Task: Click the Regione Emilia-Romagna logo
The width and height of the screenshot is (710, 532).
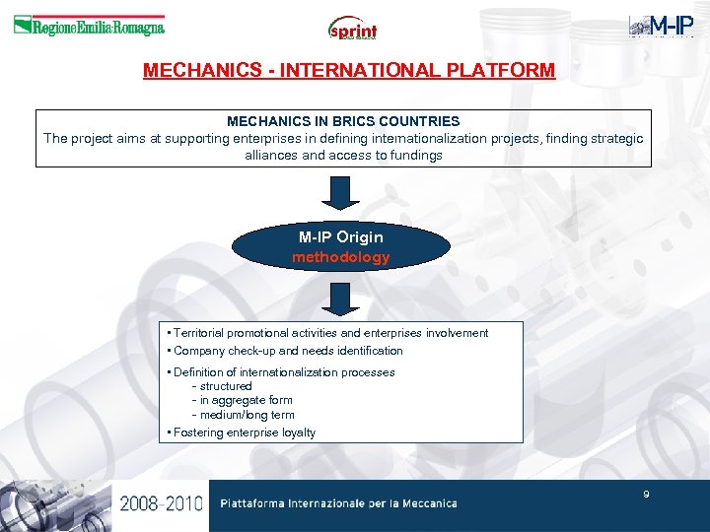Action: click(89, 27)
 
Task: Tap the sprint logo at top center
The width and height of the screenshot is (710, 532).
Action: click(353, 29)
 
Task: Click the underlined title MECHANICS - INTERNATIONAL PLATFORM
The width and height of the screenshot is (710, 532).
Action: click(349, 71)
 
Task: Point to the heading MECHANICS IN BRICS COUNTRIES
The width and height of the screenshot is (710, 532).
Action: click(343, 121)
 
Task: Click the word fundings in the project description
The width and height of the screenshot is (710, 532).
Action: click(415, 155)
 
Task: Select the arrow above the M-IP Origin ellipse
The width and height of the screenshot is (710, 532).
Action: click(341, 192)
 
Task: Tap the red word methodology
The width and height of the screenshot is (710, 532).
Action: click(341, 257)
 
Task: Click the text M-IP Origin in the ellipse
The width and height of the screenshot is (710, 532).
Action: click(341, 237)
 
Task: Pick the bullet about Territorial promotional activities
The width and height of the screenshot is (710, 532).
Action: click(329, 333)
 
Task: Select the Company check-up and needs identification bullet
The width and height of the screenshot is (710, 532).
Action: click(287, 351)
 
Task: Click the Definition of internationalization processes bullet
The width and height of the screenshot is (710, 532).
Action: click(283, 372)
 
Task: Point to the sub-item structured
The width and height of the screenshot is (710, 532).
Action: click(225, 386)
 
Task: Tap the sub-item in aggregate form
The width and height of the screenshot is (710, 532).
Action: click(245, 400)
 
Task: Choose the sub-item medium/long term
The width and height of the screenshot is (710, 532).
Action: click(246, 415)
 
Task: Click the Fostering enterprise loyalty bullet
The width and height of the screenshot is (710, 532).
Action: click(243, 432)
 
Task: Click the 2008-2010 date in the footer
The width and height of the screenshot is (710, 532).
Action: click(161, 503)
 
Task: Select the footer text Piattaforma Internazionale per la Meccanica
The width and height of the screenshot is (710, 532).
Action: click(338, 503)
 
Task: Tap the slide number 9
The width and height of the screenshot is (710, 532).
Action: click(646, 494)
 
